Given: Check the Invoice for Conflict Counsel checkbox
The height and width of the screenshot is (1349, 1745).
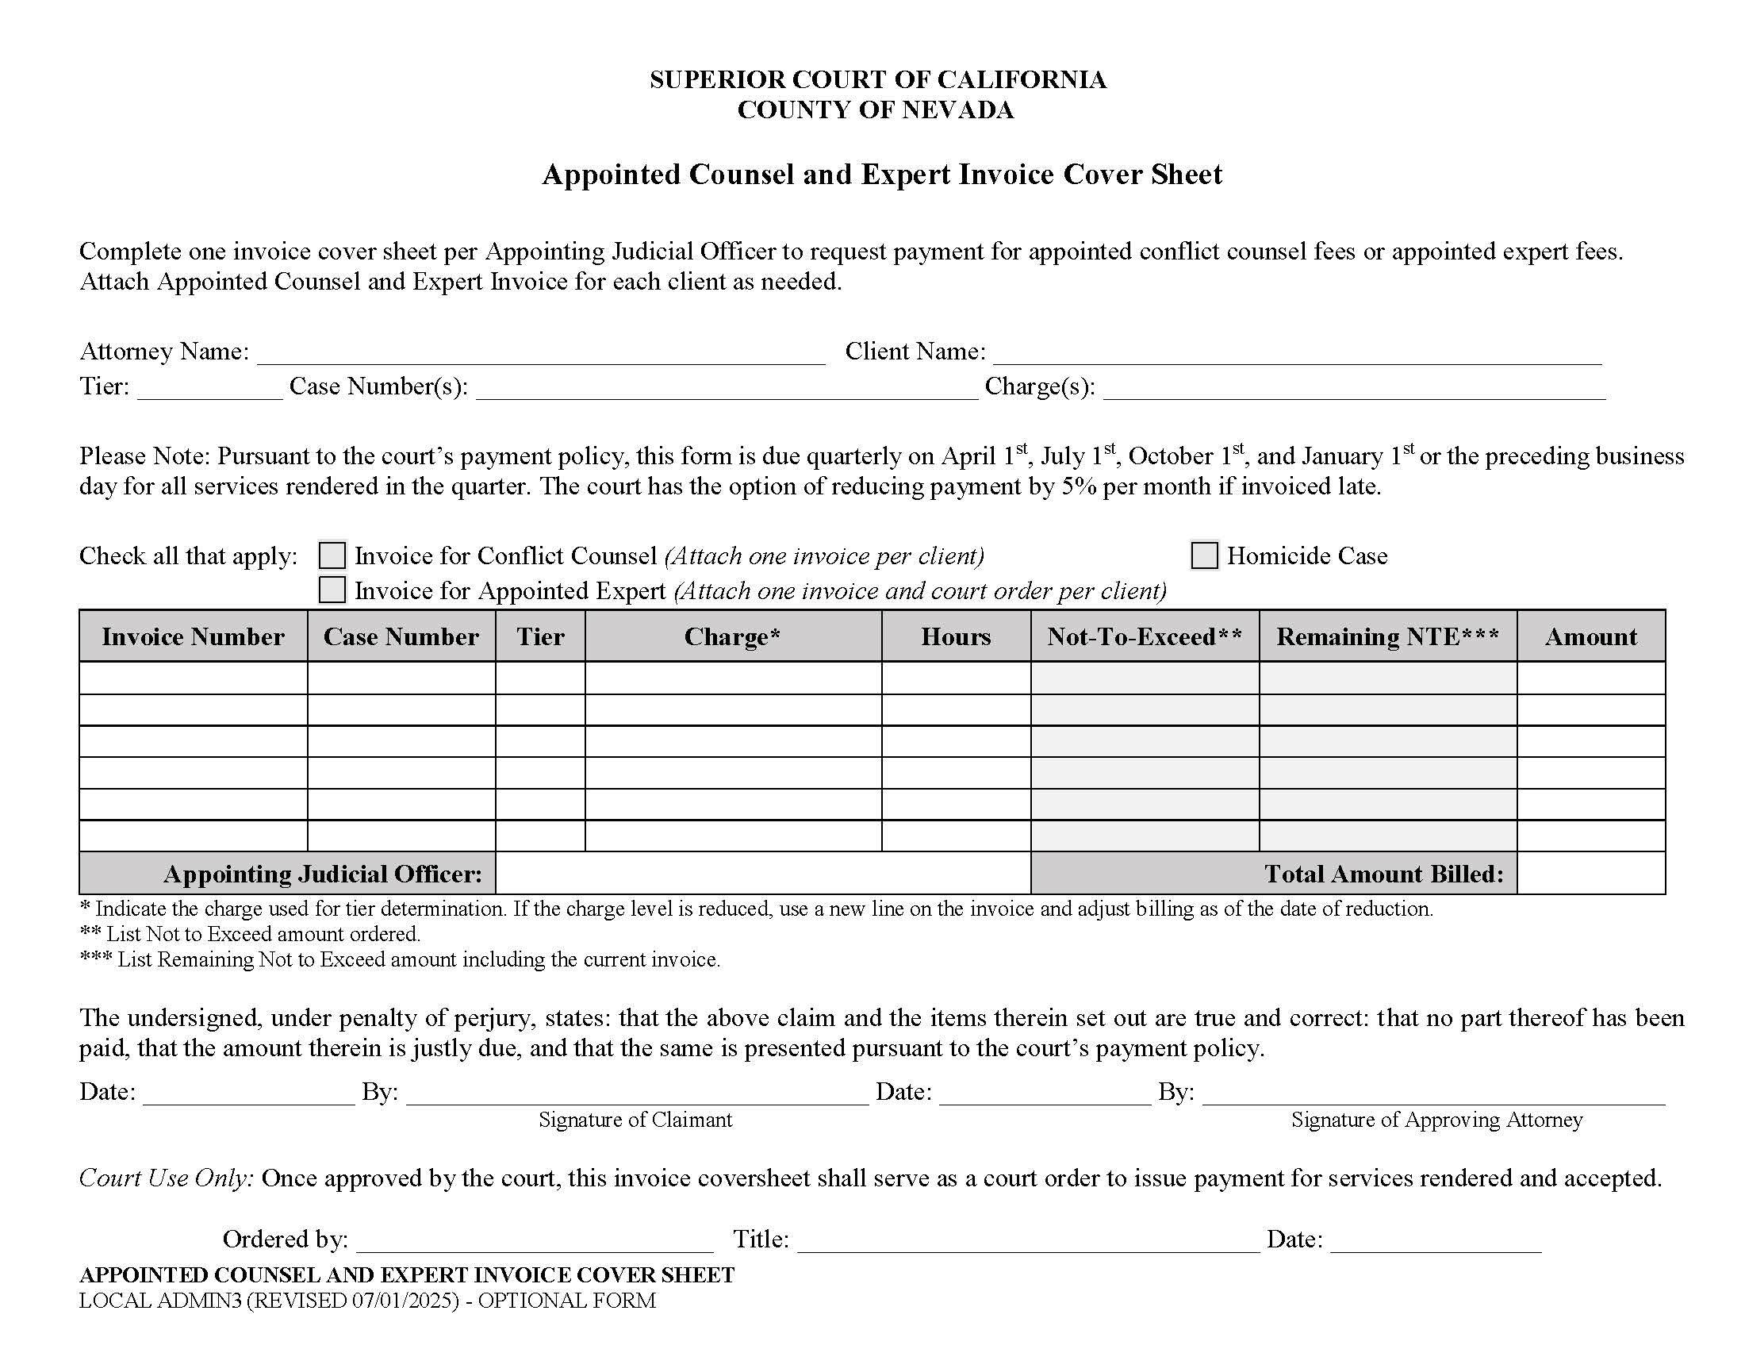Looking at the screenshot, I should (x=332, y=555).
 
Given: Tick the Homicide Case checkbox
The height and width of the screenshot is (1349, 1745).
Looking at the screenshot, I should (x=1204, y=555).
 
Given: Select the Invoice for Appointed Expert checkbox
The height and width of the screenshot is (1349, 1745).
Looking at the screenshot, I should (x=332, y=590).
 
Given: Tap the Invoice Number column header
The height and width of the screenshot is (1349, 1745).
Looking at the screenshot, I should (x=193, y=637).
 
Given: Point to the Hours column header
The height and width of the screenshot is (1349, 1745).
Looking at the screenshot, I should (x=956, y=637).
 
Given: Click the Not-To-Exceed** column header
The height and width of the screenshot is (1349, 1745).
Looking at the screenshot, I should (x=1144, y=637).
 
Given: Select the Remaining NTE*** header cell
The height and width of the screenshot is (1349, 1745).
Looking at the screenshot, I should (x=1387, y=637).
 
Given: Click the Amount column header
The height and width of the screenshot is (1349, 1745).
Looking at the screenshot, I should (x=1591, y=637).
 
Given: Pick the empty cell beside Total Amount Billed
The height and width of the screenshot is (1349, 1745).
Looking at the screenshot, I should (x=1591, y=874).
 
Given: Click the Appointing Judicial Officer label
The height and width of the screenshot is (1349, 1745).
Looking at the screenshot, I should (x=323, y=874).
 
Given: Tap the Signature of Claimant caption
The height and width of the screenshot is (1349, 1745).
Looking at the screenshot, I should (x=635, y=1120).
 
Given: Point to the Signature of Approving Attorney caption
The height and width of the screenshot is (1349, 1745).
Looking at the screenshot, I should (x=1436, y=1120).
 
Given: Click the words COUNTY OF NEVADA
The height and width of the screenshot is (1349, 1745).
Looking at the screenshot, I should (x=875, y=110).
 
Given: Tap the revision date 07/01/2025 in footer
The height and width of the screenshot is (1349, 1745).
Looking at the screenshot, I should (x=405, y=1301).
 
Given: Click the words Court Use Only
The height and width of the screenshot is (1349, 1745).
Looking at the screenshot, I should (x=167, y=1178).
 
